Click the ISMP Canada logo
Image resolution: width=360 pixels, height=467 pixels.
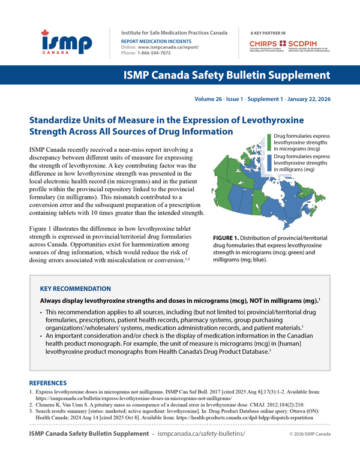click(67, 43)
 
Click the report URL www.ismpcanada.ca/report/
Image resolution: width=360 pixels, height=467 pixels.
click(173, 46)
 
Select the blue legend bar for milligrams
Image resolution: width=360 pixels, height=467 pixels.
click(269, 164)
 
